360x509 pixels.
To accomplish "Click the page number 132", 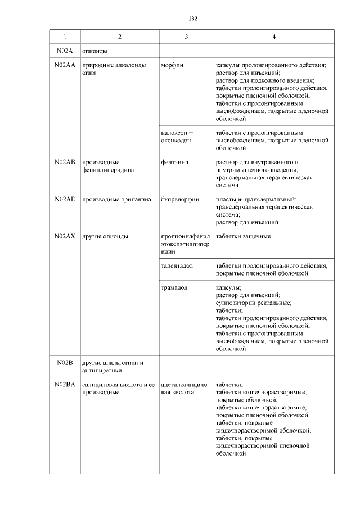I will coord(192,19).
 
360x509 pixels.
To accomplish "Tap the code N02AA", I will coord(65,66).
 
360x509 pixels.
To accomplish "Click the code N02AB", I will coord(65,162).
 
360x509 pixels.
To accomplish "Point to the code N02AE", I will coord(65,199).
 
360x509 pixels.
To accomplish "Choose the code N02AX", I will coord(65,236).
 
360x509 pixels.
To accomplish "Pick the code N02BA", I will coord(65,385).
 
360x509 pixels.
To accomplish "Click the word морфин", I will coord(172,66).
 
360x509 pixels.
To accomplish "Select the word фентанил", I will coord(174,162).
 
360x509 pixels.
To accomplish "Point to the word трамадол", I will coord(174,287).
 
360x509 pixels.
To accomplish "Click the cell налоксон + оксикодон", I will coord(177,138).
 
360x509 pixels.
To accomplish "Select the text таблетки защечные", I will coord(243,236).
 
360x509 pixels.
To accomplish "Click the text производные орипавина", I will coord(117,199).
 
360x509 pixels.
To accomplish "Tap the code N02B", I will coord(65,363).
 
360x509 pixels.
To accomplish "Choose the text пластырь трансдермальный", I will coord(256,199).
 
